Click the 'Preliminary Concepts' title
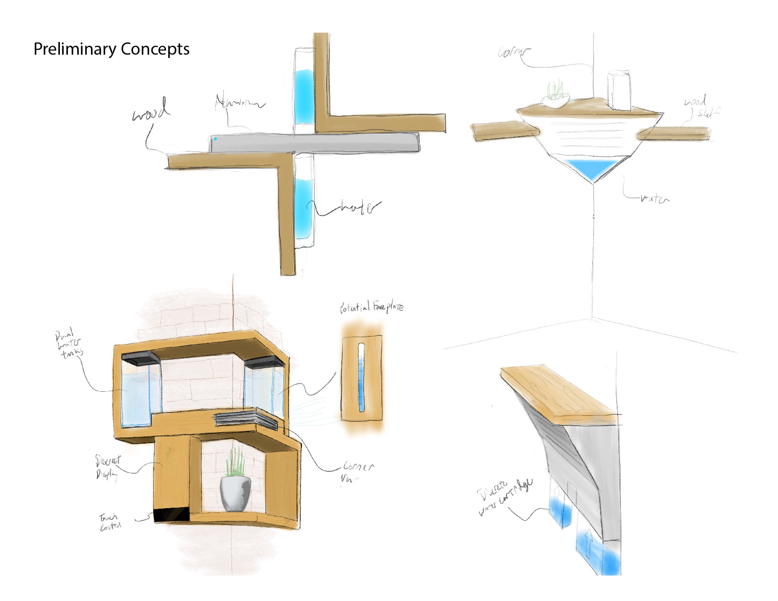point(111,49)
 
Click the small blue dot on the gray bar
point(215,139)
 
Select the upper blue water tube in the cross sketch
point(303,97)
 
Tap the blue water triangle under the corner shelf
point(592,169)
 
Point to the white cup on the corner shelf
point(619,91)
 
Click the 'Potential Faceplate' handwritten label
point(372,307)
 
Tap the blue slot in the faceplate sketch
point(362,377)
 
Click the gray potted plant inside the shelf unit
point(235,493)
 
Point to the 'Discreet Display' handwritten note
point(108,467)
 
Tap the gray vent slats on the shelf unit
point(245,418)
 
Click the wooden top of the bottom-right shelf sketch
point(556,391)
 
